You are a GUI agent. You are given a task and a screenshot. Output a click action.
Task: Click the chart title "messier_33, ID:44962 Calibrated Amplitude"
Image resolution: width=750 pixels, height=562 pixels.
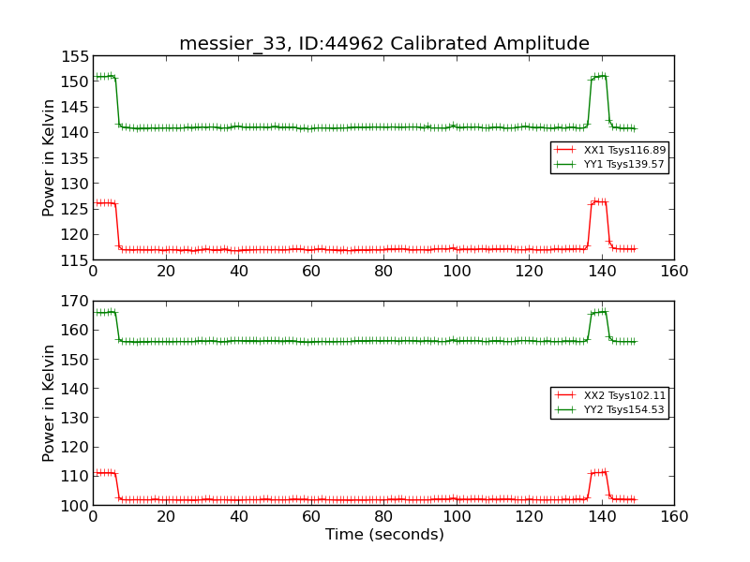point(383,44)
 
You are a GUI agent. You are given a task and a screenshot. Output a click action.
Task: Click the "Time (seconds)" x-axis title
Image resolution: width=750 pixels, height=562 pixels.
point(383,535)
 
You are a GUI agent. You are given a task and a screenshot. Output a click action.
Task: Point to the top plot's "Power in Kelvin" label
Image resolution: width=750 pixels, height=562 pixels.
point(49,157)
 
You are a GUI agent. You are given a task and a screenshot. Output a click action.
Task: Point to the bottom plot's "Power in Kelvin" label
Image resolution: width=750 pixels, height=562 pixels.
point(49,403)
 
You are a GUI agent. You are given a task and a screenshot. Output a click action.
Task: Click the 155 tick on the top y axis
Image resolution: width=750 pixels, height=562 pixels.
point(76,56)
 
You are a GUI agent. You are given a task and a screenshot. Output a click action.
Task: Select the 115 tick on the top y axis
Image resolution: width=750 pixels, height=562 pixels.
point(76,259)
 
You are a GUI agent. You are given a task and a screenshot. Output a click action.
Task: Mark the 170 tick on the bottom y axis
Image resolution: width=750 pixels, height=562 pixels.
point(76,302)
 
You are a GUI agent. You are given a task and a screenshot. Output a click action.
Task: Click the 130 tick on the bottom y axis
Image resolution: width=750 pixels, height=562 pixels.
point(76,418)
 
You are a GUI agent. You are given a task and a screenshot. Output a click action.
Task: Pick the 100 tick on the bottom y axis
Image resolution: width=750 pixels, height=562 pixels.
point(76,506)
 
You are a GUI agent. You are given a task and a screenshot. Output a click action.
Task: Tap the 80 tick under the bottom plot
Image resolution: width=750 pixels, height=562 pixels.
point(383,516)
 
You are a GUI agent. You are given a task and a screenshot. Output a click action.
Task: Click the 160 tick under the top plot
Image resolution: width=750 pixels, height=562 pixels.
point(674,271)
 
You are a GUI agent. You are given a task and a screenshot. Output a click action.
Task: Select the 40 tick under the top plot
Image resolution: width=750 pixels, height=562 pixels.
point(238,271)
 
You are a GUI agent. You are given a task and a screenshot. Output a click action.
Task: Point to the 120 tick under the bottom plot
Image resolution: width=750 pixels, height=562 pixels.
point(529,516)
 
